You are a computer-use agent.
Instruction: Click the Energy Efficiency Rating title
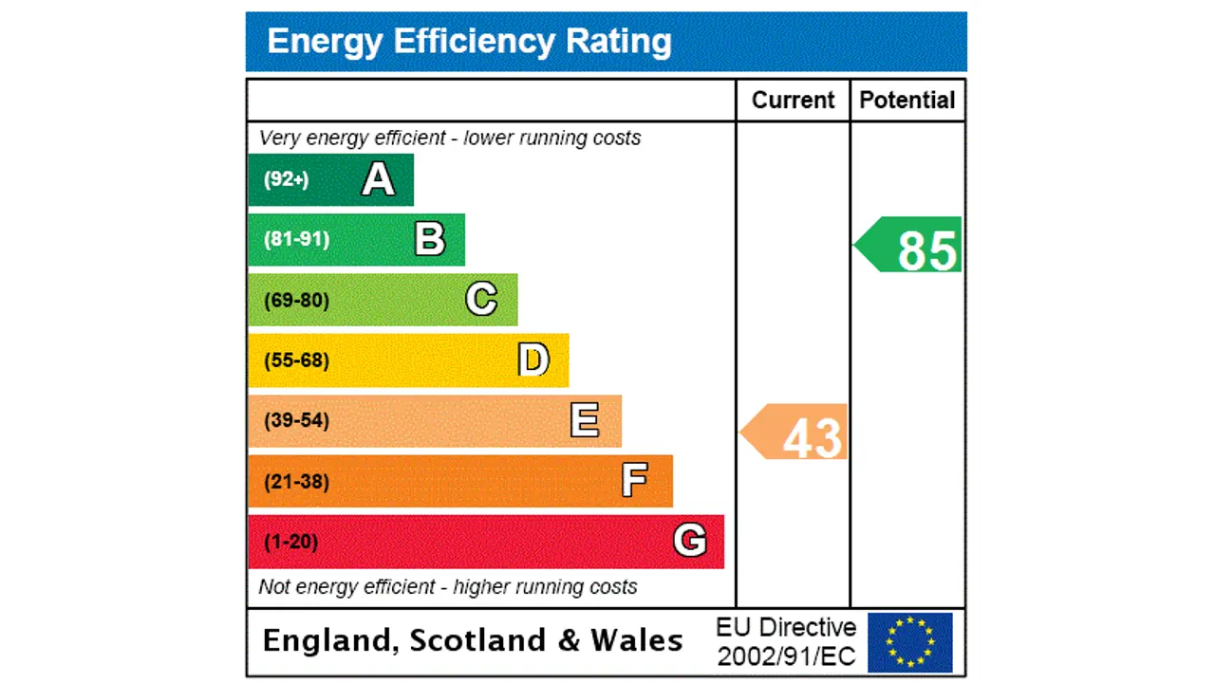[469, 42]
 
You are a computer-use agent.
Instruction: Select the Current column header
[793, 101]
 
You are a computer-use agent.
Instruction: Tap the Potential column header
[907, 101]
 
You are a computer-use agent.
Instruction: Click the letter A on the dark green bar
[378, 179]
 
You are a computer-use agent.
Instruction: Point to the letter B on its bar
[430, 239]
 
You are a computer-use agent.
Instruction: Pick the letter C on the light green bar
[481, 300]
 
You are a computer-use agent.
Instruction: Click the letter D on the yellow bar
[533, 360]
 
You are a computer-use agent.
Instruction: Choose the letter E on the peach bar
[585, 420]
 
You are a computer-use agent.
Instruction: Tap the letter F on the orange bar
[635, 481]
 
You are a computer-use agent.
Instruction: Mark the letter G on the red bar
[690, 541]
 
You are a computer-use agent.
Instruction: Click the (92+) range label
[286, 179]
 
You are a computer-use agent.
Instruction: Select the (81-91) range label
[296, 239]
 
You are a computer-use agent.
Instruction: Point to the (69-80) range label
[296, 301]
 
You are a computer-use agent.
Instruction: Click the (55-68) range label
[296, 360]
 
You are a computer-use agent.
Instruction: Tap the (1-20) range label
[290, 542]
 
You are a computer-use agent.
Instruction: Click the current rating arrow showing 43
[795, 433]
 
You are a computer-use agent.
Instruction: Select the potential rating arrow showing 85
[910, 246]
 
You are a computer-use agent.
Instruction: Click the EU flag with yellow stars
[909, 642]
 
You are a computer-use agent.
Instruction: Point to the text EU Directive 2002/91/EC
[786, 642]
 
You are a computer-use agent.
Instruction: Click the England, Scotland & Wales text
[472, 640]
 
